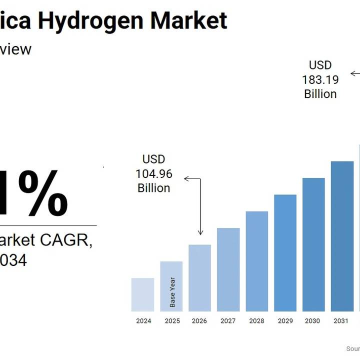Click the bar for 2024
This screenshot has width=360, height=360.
(x=142, y=294)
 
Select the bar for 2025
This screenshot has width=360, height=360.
(x=171, y=286)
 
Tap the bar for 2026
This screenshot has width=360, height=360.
(x=199, y=278)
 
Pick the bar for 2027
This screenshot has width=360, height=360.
(x=228, y=269)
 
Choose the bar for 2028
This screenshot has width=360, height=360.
(x=256, y=261)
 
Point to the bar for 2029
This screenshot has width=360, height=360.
(x=285, y=253)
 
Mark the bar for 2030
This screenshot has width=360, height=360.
(x=313, y=244)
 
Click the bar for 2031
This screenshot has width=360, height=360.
(x=342, y=236)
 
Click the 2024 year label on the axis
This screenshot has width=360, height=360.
(x=143, y=321)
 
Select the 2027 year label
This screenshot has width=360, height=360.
(x=228, y=321)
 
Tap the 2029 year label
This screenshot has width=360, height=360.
(x=285, y=321)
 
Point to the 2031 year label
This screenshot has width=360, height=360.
(x=341, y=321)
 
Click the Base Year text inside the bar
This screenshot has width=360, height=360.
(x=172, y=292)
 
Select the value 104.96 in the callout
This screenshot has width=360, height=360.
(x=154, y=174)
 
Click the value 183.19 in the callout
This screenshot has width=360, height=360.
(x=320, y=79)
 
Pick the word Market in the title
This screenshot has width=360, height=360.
(x=188, y=20)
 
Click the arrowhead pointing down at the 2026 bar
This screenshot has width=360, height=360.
(x=200, y=232)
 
